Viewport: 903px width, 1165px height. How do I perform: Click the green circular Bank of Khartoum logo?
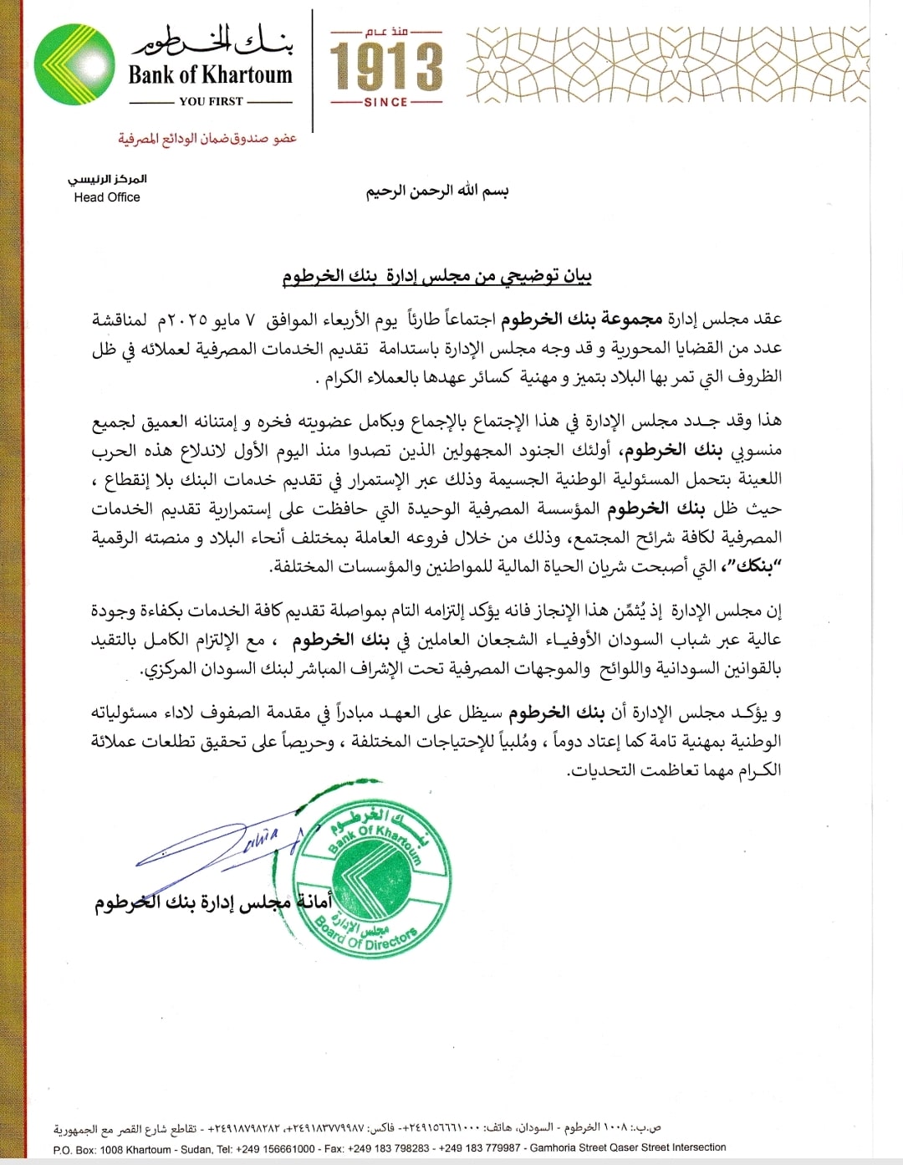click(75, 65)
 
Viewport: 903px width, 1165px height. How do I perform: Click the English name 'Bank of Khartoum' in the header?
click(210, 75)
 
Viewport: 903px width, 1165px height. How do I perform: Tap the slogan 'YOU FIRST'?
click(211, 101)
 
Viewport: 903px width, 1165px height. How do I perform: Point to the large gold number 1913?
click(385, 67)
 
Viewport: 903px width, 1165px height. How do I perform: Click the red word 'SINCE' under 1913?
click(385, 102)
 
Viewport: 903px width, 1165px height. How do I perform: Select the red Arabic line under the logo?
click(207, 138)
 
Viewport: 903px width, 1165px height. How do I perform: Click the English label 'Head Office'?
click(107, 197)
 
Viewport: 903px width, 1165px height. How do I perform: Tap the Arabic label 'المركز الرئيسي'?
click(107, 180)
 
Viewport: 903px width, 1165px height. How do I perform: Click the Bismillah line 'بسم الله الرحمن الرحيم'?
click(436, 191)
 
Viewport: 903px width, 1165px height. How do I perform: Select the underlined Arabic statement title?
click(436, 277)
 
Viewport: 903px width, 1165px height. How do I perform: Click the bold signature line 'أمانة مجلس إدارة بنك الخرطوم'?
click(212, 902)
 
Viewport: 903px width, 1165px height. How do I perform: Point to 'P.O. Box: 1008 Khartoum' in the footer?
click(112, 1150)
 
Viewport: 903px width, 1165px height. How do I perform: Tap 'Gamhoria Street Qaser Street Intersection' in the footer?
click(628, 1147)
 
